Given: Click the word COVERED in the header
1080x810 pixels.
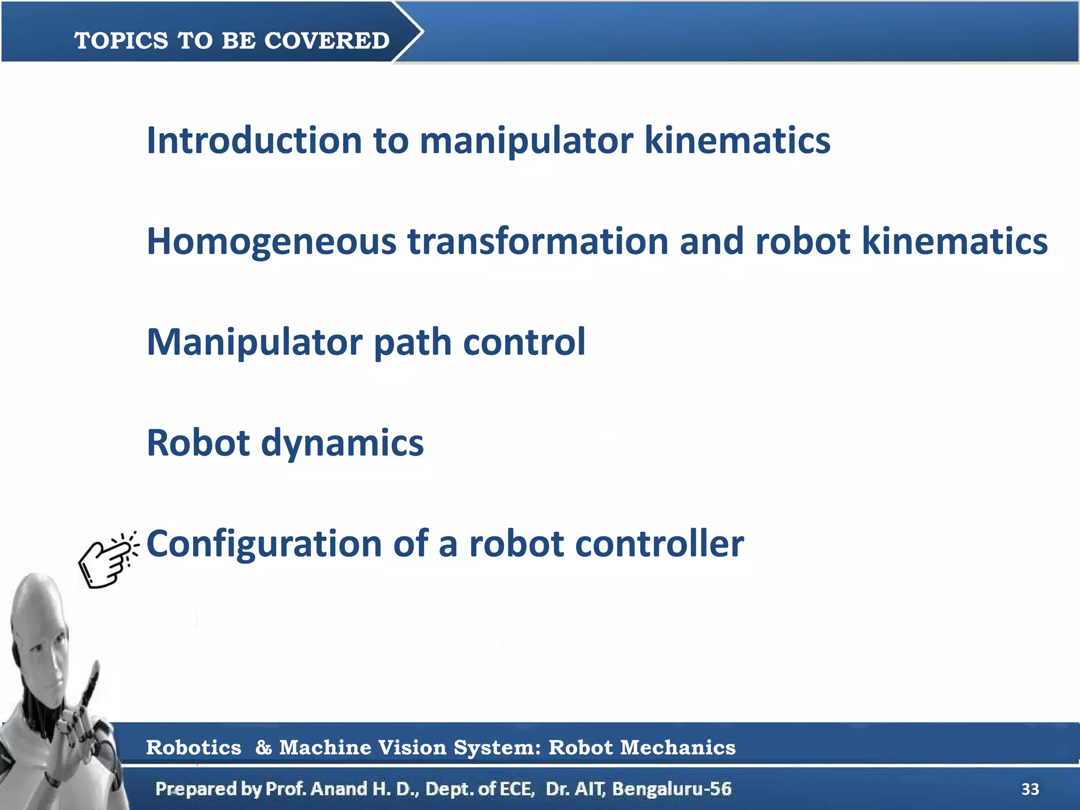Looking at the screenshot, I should [x=326, y=41].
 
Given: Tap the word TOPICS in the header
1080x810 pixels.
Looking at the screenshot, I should [x=121, y=41].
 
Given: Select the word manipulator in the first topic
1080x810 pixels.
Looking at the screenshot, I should [x=526, y=141].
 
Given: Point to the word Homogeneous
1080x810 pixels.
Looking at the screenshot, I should [x=271, y=242].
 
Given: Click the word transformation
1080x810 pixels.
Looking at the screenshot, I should [x=537, y=241].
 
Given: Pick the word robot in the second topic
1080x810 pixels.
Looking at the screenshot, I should [x=802, y=241].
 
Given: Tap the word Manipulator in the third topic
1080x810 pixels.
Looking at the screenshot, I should [x=254, y=342].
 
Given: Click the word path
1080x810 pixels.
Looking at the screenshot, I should [x=412, y=342].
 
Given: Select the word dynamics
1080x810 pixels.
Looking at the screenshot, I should [x=342, y=443].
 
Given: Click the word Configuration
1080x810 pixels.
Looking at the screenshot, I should [x=264, y=544].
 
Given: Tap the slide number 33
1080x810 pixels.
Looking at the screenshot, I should [x=1030, y=789].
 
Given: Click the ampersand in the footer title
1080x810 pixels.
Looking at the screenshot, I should [x=263, y=747].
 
